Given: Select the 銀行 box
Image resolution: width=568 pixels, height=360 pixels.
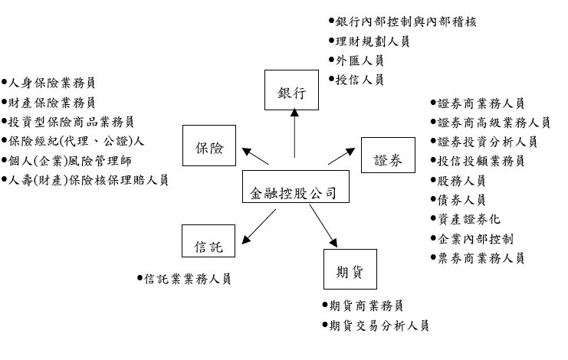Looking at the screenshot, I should pyautogui.click(x=291, y=93).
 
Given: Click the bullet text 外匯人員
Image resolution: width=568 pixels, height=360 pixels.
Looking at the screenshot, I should pyautogui.click(x=359, y=61).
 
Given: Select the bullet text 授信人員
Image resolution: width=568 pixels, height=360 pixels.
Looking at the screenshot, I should pyautogui.click(x=359, y=79).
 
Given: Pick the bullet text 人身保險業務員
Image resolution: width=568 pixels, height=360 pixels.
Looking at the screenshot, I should pyautogui.click(x=52, y=82).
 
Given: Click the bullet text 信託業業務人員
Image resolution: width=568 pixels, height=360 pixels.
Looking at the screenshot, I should pyautogui.click(x=187, y=279).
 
